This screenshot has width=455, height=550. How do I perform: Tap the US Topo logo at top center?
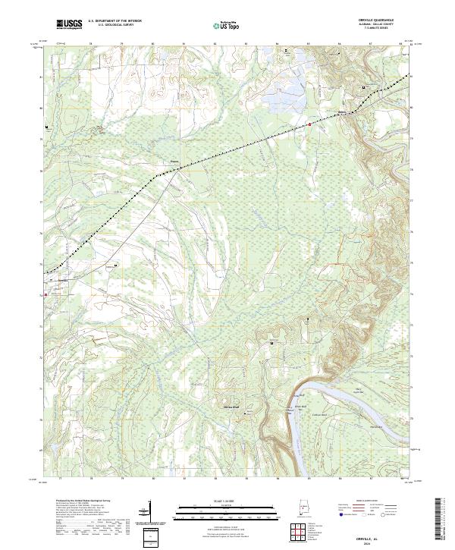click(x=227, y=26)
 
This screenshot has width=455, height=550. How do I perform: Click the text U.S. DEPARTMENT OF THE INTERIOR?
click(x=115, y=21)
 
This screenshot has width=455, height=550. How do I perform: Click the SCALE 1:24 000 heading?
click(x=227, y=501)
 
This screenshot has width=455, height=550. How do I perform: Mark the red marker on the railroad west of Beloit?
click(x=309, y=124)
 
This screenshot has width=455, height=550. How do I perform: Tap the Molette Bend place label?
click(x=230, y=407)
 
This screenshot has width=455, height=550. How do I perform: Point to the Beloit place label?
click(x=342, y=114)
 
